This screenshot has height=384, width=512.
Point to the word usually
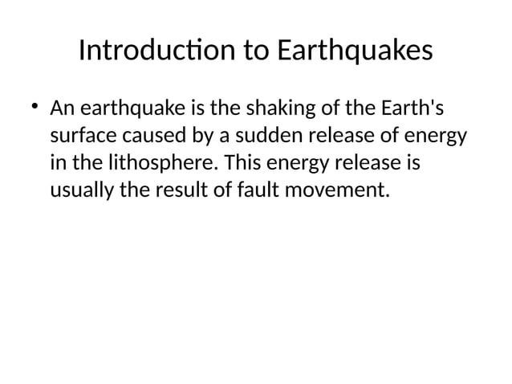(x=78, y=191)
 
